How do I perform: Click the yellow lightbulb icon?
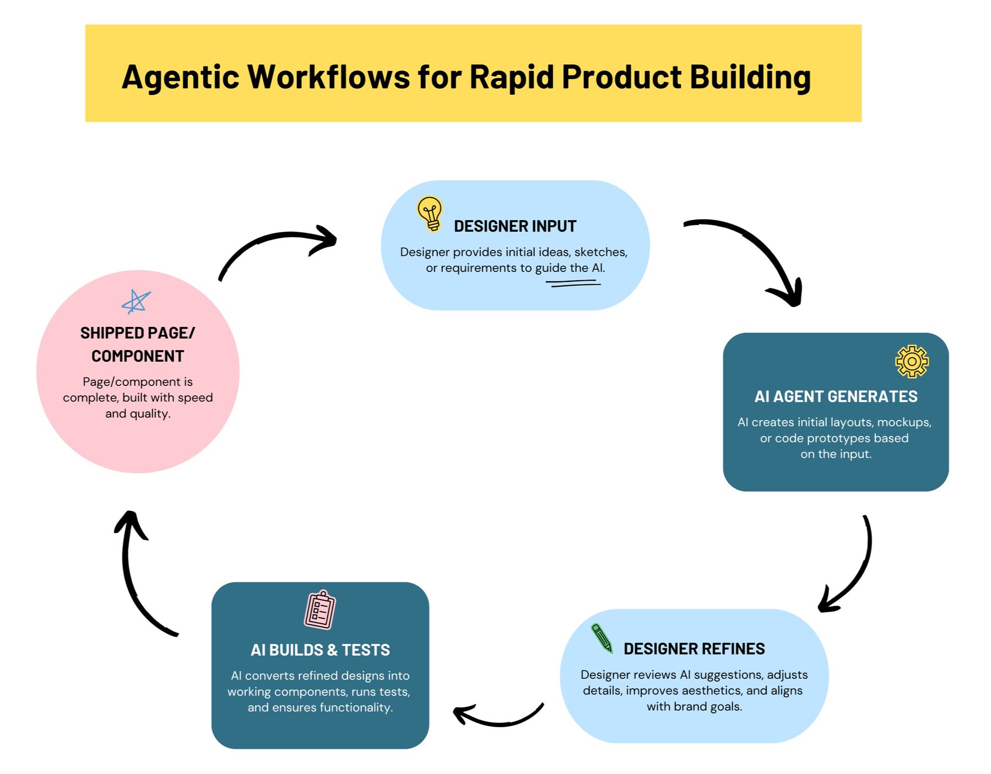pyautogui.click(x=430, y=214)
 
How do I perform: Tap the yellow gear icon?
pyautogui.click(x=912, y=361)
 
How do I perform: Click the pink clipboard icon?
pyautogui.click(x=320, y=610)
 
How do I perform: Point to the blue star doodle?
pyautogui.click(x=136, y=302)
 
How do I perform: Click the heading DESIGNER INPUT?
pyautogui.click(x=515, y=226)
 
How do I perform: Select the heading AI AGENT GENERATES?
pyautogui.click(x=836, y=396)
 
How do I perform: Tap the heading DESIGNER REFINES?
pyautogui.click(x=694, y=649)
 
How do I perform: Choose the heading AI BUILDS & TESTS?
pyautogui.click(x=320, y=650)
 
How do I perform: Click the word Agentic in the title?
pyautogui.click(x=180, y=77)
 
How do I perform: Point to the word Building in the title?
pyautogui.click(x=750, y=77)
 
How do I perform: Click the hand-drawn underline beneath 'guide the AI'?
pyautogui.click(x=573, y=284)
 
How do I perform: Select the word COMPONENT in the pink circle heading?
pyautogui.click(x=138, y=357)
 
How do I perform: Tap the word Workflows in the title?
pyautogui.click(x=328, y=77)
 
